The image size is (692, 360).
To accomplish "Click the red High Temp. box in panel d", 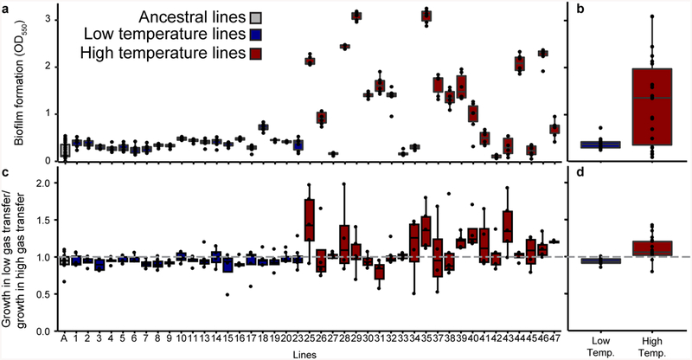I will pos(655,247).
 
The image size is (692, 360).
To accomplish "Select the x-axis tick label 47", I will pos(555,336).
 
